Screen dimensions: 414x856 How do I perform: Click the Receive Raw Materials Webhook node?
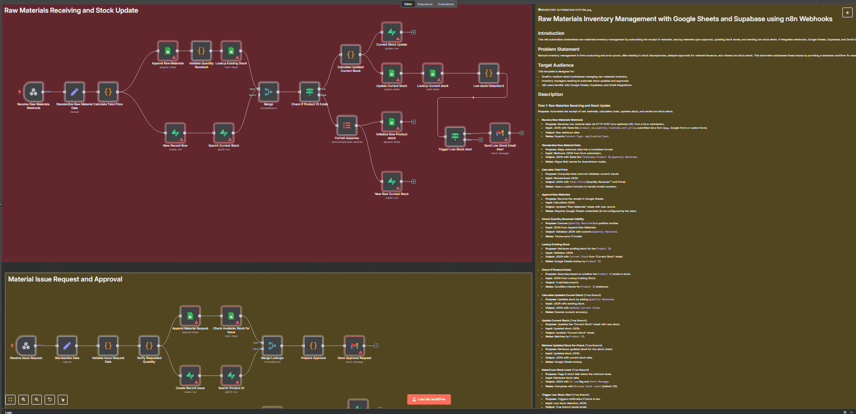point(33,92)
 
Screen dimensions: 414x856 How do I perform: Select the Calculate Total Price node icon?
point(108,92)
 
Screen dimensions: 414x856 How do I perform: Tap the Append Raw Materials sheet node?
point(168,51)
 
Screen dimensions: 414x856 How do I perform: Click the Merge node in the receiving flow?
point(268,92)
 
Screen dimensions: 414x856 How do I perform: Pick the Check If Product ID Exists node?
point(310,92)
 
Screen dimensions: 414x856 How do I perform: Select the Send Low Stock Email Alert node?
point(500,133)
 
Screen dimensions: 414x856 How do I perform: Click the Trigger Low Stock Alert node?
point(455,137)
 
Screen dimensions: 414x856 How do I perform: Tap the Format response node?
point(347,125)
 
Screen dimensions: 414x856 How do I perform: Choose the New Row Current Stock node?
point(391,181)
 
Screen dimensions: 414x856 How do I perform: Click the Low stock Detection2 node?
point(489,73)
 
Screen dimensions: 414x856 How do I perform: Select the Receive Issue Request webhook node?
point(26,346)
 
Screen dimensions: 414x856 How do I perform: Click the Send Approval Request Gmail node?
point(354,346)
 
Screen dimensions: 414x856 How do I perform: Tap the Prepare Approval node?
point(313,346)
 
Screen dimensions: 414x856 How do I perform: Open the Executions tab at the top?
point(425,4)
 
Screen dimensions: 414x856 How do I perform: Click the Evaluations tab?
point(446,4)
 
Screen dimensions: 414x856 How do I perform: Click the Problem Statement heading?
point(559,49)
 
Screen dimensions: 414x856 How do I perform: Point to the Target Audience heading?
point(556,65)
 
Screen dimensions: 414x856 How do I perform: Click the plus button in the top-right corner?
point(847,13)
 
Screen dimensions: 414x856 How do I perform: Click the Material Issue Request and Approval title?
point(65,279)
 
